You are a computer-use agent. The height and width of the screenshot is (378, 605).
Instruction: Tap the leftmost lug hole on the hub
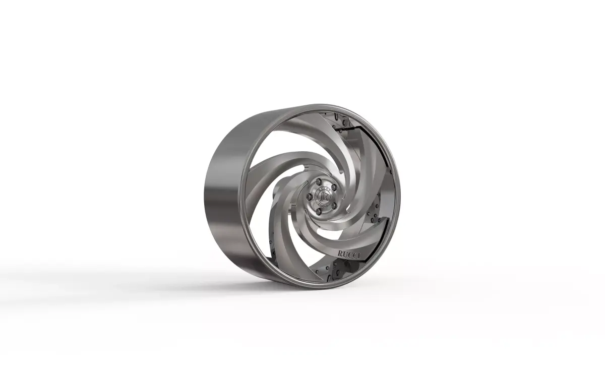pos(309,197)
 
